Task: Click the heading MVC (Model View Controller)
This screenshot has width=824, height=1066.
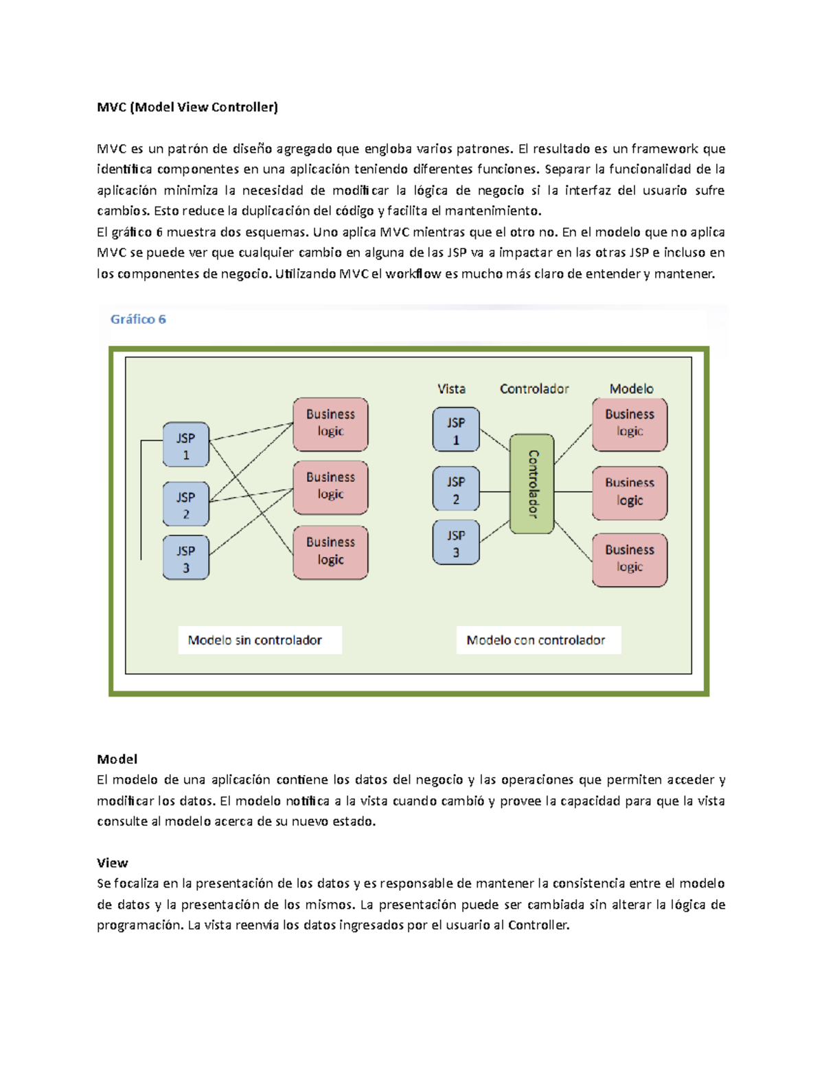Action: click(x=187, y=107)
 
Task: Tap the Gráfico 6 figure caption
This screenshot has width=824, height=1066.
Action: click(x=138, y=319)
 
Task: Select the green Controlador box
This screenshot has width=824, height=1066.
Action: click(x=532, y=484)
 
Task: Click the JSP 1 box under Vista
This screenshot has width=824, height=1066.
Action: click(x=456, y=430)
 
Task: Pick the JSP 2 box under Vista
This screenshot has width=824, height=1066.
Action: click(x=456, y=490)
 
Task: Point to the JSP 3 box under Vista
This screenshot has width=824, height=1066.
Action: click(x=456, y=543)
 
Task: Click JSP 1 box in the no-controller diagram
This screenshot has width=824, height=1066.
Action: click(x=186, y=445)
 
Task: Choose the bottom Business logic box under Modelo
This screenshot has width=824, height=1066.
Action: click(x=630, y=559)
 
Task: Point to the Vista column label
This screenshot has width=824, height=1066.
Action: click(x=451, y=389)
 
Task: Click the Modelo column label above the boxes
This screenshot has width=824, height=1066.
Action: click(x=631, y=389)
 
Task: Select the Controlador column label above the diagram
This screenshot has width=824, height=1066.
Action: click(x=534, y=389)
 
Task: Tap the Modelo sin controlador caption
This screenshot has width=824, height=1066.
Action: click(x=255, y=640)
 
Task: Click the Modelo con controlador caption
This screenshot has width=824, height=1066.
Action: click(x=536, y=640)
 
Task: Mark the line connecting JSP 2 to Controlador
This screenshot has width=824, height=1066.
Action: click(x=494, y=492)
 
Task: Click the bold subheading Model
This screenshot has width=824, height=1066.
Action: click(x=117, y=759)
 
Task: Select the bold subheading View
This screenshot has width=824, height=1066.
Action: click(x=112, y=863)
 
